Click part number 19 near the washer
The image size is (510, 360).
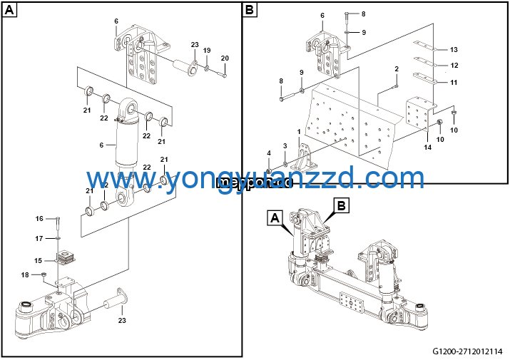click(207, 51)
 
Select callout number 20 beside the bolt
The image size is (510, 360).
click(225, 58)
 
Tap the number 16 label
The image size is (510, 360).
click(40, 218)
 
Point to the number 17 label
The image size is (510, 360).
click(40, 237)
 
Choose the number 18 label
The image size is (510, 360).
click(26, 274)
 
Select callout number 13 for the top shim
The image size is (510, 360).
click(454, 49)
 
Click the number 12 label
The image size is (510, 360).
click(454, 66)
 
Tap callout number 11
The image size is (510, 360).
click(454, 83)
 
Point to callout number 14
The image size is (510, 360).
click(428, 147)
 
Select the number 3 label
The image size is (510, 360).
click(285, 145)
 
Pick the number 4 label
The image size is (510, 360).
click(269, 153)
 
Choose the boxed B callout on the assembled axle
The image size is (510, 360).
click(342, 206)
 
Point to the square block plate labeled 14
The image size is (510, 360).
click(419, 112)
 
